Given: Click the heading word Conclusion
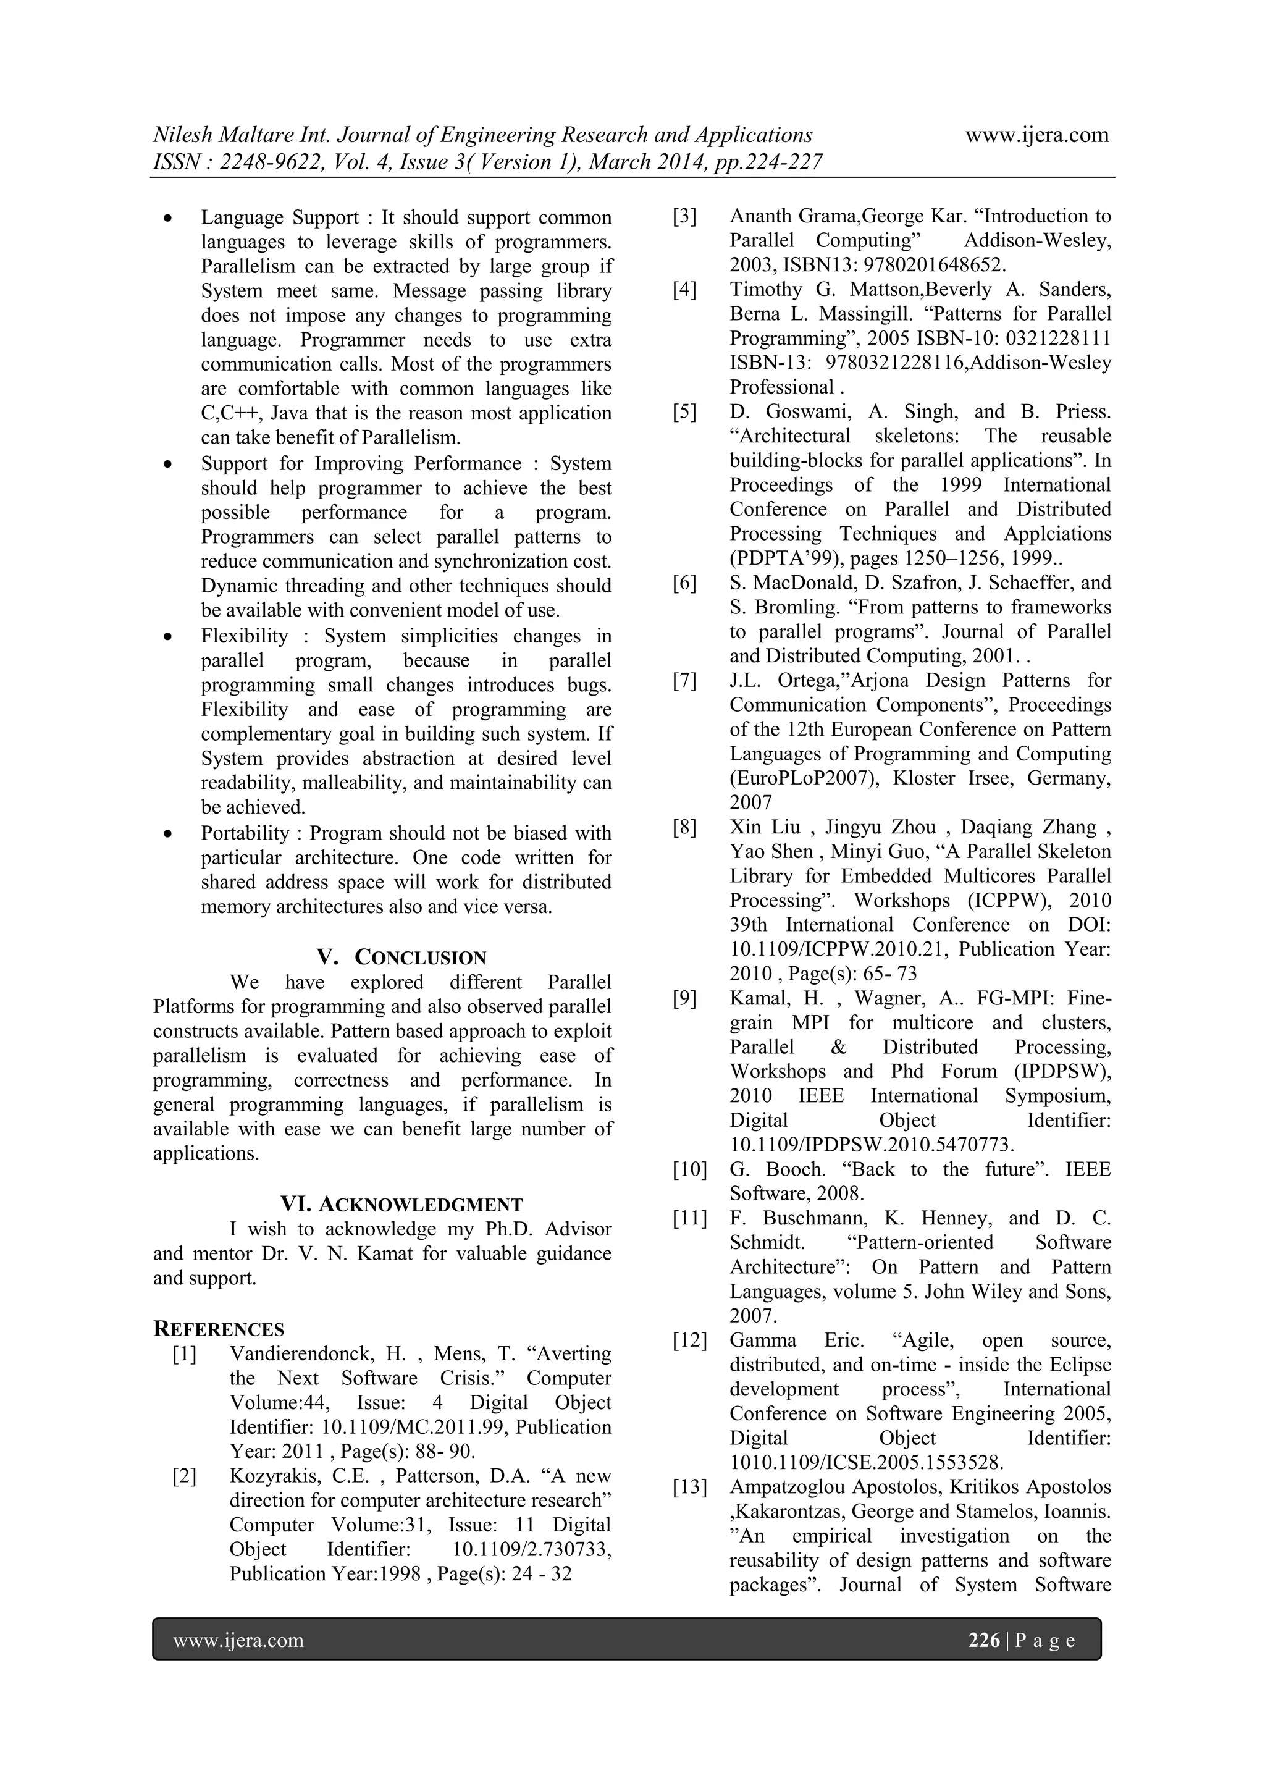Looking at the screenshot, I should (x=421, y=958).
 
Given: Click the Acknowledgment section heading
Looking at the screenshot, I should (x=421, y=1205).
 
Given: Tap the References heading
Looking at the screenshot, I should (x=219, y=1329).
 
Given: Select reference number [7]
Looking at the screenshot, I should (x=684, y=681).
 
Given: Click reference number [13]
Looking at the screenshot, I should (x=689, y=1488).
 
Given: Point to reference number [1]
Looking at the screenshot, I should (x=185, y=1354).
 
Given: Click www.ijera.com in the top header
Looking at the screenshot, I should (x=1037, y=135).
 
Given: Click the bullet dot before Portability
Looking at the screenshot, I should (x=167, y=835).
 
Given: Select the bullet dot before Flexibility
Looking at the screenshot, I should (x=167, y=638).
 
